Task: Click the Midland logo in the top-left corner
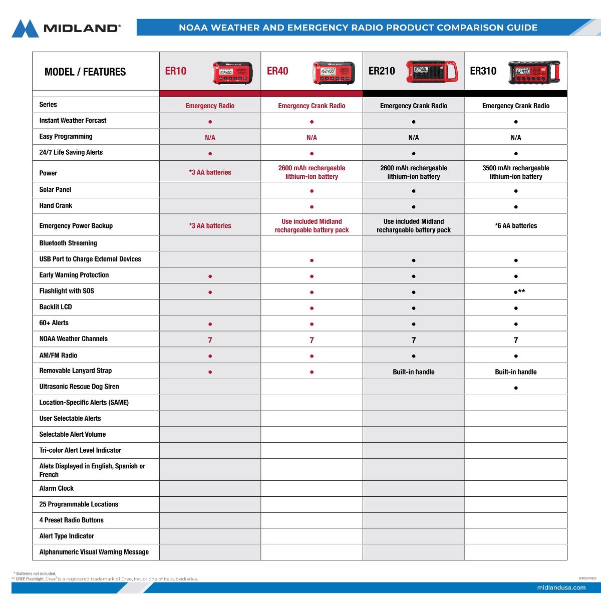click(66, 28)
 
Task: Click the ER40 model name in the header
click(277, 71)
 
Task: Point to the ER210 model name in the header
click(382, 71)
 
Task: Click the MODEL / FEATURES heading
click(85, 72)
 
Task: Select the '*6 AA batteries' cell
click(515, 226)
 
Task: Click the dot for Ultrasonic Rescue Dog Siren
click(516, 388)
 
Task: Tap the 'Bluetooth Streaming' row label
click(68, 243)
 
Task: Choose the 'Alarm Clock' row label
click(57, 488)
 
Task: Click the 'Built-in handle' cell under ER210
click(414, 372)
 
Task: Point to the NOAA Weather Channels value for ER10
click(210, 340)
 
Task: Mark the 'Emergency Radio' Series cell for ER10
click(210, 106)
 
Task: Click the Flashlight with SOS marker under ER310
click(518, 291)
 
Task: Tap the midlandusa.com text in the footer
click(561, 587)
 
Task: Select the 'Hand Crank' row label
click(56, 205)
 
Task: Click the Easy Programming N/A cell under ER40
click(312, 137)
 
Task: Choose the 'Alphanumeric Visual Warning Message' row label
click(94, 552)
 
